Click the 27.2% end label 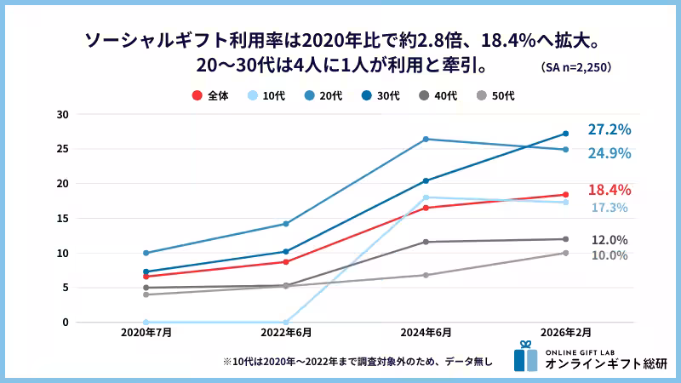click(609, 130)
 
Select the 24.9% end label click(609, 153)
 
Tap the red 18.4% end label click(609, 190)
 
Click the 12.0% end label click(609, 240)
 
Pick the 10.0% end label click(609, 255)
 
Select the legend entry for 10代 click(266, 96)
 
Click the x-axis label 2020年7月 click(146, 334)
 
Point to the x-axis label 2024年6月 click(426, 334)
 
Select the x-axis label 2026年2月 click(565, 334)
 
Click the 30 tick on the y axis click(63, 114)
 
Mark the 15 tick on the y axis click(63, 218)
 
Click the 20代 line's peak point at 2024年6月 click(426, 139)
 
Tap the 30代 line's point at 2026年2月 click(565, 134)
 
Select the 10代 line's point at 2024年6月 click(426, 197)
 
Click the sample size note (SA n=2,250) click(576, 66)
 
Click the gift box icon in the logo click(525, 357)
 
